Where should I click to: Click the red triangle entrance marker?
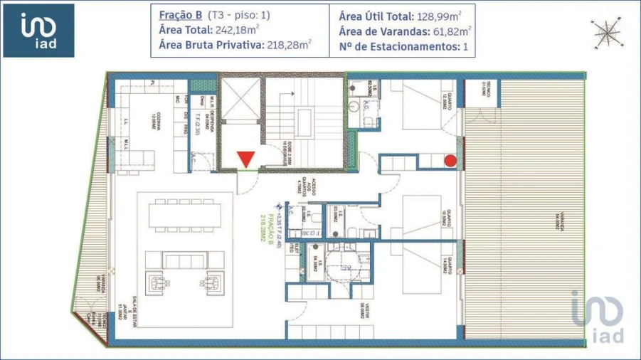coord(245,159)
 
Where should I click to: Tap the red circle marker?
coord(450,160)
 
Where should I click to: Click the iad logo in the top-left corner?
coord(38,31)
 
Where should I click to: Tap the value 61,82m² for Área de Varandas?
coord(450,30)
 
